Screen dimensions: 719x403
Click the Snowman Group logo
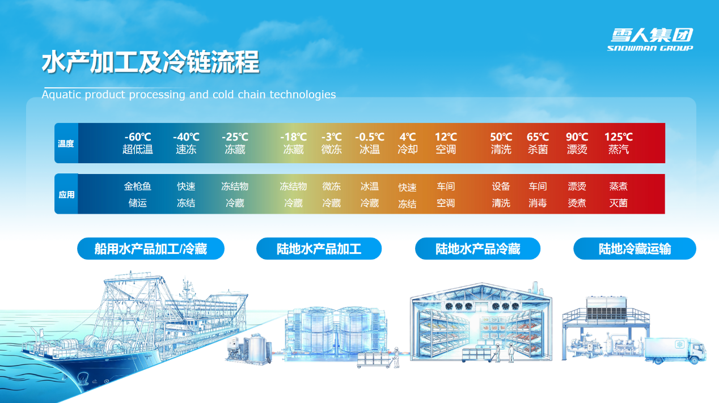point(650,40)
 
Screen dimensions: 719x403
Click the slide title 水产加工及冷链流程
point(150,62)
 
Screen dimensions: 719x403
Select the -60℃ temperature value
point(138,137)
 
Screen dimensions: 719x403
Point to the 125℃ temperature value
point(619,137)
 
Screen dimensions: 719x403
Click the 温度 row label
point(66,143)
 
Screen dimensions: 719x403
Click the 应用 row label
point(66,194)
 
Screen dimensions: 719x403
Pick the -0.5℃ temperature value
point(370,137)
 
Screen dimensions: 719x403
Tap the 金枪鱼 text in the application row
point(138,186)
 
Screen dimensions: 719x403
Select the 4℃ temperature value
point(408,137)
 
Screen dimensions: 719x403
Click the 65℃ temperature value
point(538,137)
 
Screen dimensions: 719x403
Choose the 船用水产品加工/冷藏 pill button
point(150,249)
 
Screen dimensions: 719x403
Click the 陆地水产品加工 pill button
point(319,249)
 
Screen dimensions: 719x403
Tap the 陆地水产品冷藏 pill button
point(477,249)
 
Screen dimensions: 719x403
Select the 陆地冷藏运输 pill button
point(635,249)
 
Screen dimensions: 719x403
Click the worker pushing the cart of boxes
point(396,357)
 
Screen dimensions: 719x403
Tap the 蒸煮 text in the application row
point(618,186)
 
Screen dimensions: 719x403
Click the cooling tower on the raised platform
point(607,308)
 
